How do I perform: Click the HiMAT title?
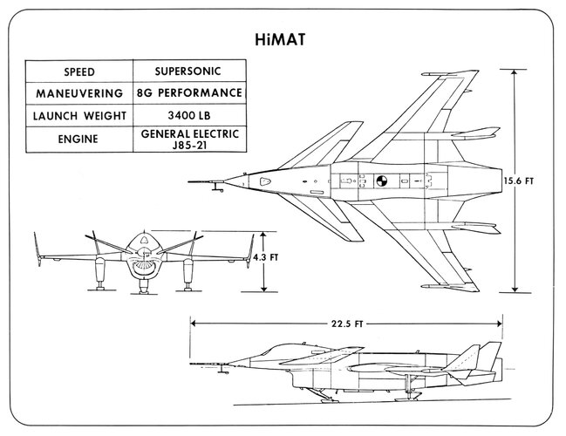pos(280,39)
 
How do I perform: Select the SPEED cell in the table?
pos(79,72)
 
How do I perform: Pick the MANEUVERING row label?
pos(79,93)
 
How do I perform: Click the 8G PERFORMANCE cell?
pos(189,93)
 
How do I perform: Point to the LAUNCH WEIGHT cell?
pos(79,116)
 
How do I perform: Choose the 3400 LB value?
pos(189,115)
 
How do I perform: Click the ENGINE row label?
pos(78,139)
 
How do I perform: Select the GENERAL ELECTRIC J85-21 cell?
pos(190,139)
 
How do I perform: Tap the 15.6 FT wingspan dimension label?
pos(519,181)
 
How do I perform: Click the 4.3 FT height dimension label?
pos(266,257)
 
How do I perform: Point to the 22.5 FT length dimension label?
pos(347,324)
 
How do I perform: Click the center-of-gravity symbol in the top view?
pos(381,181)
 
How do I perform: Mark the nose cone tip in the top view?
pos(224,181)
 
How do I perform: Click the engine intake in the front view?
pos(144,268)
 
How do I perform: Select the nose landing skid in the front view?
pos(144,288)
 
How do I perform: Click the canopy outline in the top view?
pos(265,181)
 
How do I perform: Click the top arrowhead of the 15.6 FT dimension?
pos(515,72)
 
